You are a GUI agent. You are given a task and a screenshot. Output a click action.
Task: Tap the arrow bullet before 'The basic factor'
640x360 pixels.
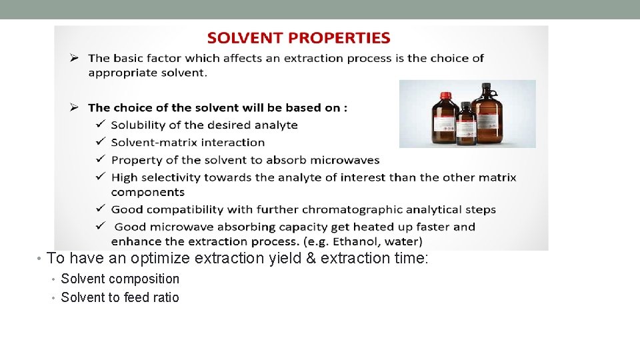[76, 58]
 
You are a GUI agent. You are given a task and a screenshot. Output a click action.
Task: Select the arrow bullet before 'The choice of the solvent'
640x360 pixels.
[76, 107]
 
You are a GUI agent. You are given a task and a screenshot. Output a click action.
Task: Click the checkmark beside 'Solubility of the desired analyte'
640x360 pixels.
[100, 124]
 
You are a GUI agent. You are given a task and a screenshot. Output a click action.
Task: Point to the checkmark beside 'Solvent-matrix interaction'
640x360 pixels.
[100, 141]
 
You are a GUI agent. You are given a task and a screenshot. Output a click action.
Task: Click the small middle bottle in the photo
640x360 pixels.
[466, 125]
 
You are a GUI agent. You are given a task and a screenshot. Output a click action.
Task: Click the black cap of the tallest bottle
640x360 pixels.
[486, 87]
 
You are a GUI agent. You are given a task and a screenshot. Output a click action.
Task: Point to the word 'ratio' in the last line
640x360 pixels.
[166, 297]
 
